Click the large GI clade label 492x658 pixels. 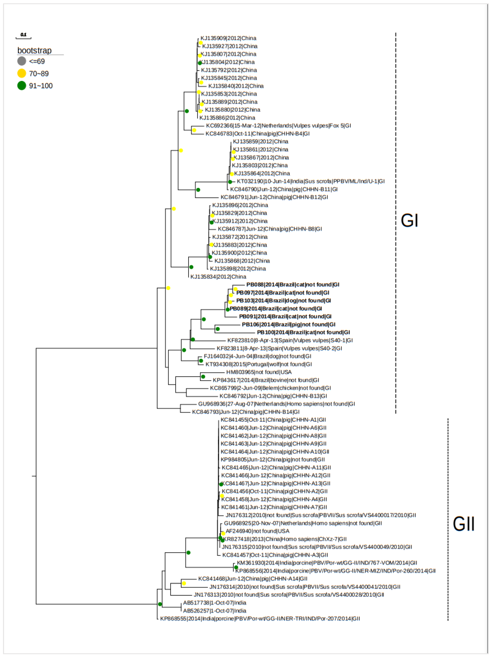(409, 221)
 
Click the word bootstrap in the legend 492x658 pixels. (35, 51)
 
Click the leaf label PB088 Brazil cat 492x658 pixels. (293, 285)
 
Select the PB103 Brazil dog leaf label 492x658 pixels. (284, 301)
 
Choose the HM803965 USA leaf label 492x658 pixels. (259, 372)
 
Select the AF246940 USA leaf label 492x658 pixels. (257, 531)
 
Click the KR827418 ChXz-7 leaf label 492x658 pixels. (285, 539)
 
